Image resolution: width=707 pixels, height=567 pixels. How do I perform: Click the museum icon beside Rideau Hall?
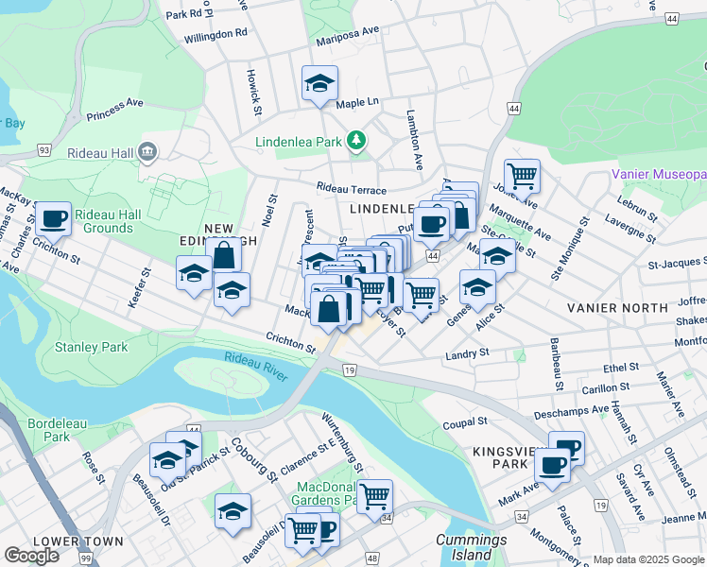[147, 151]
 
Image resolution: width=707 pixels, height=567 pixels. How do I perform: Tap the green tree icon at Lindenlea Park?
[355, 142]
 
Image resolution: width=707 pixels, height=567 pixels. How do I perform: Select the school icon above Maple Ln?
[319, 82]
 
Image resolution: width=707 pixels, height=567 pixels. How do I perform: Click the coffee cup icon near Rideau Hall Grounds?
[54, 218]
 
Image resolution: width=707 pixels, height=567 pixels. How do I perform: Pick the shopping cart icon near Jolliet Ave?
[521, 175]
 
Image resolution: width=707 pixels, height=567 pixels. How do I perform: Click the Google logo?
[32, 556]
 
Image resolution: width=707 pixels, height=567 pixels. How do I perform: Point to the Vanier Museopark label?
[659, 175]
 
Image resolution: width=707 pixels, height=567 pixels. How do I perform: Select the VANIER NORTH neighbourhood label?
[616, 308]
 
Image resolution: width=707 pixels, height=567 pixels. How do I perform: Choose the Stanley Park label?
[91, 348]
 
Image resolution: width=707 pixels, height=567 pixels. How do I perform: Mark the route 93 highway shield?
[43, 150]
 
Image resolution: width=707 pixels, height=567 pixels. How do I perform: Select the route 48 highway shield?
[371, 559]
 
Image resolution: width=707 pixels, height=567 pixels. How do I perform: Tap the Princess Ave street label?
[114, 110]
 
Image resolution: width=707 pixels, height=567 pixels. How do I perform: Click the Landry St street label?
[467, 352]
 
